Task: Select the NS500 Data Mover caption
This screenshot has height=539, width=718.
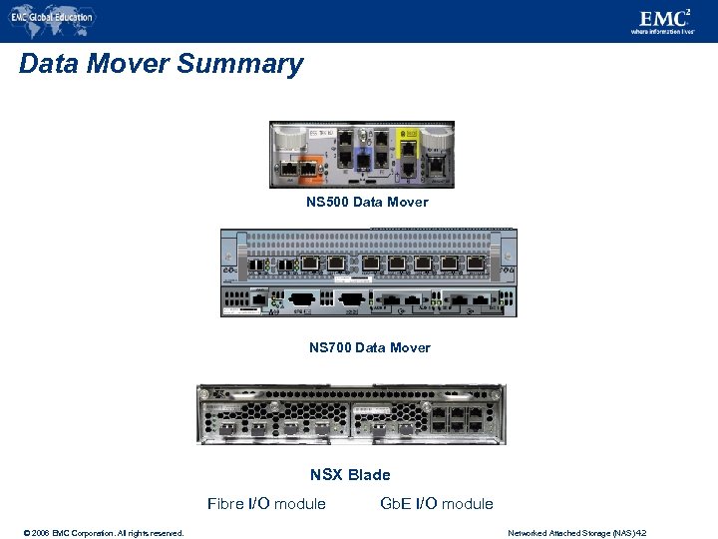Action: (x=367, y=202)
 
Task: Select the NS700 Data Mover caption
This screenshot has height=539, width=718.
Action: (x=369, y=347)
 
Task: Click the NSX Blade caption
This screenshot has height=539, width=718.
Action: (x=350, y=474)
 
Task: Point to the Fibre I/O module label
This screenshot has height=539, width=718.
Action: (x=266, y=503)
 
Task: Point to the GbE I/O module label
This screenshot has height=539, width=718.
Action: (x=437, y=503)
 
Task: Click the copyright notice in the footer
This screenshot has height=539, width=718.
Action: (x=95, y=533)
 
